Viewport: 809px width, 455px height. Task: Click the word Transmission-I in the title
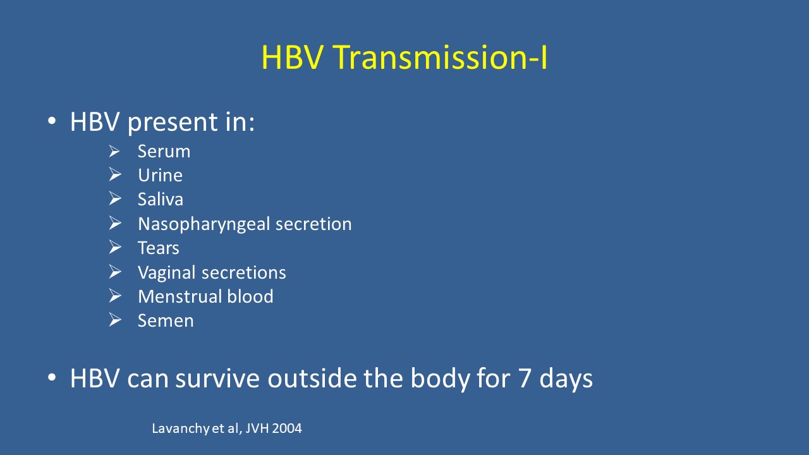click(x=441, y=57)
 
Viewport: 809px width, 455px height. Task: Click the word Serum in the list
click(x=164, y=151)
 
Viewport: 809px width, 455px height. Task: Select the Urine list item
click(x=160, y=175)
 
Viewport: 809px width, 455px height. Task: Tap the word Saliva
click(x=161, y=199)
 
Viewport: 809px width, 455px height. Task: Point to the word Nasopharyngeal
click(x=204, y=224)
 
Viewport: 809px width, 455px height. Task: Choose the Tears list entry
click(x=158, y=248)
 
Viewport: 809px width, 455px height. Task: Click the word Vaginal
click(x=167, y=272)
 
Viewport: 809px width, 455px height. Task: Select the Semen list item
click(x=166, y=320)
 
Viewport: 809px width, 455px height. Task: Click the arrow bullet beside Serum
click(x=115, y=151)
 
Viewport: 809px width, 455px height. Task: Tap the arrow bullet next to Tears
click(x=115, y=247)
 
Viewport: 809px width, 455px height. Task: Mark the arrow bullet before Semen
click(x=115, y=320)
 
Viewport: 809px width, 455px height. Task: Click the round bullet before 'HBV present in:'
click(x=52, y=121)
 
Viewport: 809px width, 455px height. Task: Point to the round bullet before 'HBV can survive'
click(x=52, y=378)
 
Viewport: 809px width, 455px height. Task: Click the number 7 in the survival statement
click(x=525, y=378)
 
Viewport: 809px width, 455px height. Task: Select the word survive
click(x=217, y=379)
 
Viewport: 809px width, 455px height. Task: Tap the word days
click(x=566, y=379)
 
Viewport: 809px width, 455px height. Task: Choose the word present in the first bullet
click(x=173, y=123)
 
